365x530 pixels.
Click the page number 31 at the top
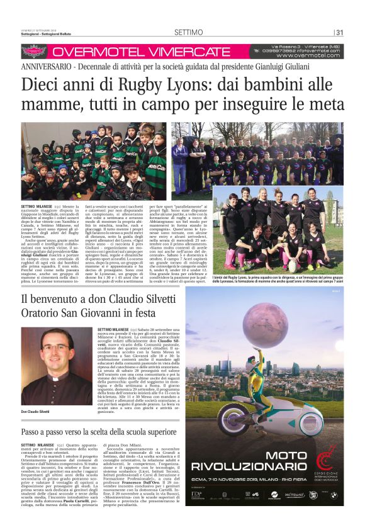click(339, 33)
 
